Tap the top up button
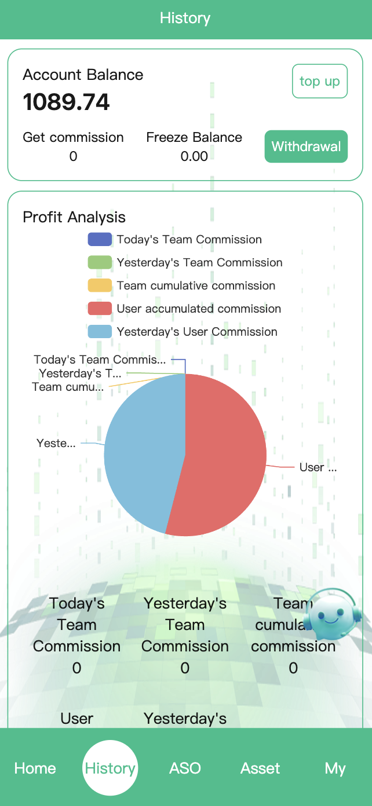pyautogui.click(x=319, y=81)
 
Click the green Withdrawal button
pyautogui.click(x=306, y=146)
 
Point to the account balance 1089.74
pyautogui.click(x=66, y=102)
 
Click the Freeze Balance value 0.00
pyautogui.click(x=194, y=156)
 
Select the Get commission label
pyautogui.click(x=73, y=137)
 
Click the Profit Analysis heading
pyautogui.click(x=74, y=217)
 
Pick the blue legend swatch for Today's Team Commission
pyautogui.click(x=100, y=240)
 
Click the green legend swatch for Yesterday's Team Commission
pyautogui.click(x=100, y=263)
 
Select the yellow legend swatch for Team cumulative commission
pyautogui.click(x=100, y=286)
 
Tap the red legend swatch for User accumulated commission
pyautogui.click(x=100, y=309)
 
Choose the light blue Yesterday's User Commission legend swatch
pyautogui.click(x=100, y=332)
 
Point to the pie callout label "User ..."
pyautogui.click(x=318, y=467)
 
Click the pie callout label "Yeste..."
pyautogui.click(x=56, y=444)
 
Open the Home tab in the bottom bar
pyautogui.click(x=35, y=768)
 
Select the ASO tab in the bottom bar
pyautogui.click(x=185, y=768)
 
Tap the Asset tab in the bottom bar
pyautogui.click(x=260, y=768)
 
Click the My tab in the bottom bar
pyautogui.click(x=335, y=768)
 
